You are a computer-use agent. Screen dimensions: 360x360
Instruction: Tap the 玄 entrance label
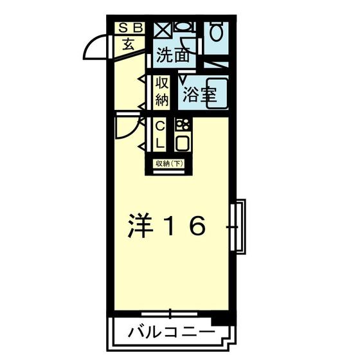(x=129, y=44)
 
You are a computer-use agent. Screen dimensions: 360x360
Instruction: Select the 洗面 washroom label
(x=173, y=55)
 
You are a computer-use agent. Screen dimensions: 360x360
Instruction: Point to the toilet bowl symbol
(x=216, y=32)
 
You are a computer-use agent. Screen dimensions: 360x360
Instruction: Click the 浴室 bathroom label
(x=200, y=94)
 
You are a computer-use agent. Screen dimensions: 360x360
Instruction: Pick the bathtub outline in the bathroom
(x=217, y=93)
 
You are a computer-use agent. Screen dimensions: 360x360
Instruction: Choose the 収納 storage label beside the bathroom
(x=162, y=91)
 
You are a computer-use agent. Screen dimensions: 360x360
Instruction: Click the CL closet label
(x=160, y=135)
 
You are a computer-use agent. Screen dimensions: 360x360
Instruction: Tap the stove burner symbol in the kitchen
(x=183, y=125)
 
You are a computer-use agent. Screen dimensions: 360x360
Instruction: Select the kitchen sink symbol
(x=183, y=143)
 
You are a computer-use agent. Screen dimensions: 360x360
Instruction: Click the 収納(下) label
(x=169, y=164)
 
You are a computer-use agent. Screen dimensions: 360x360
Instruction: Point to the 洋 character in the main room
(x=140, y=225)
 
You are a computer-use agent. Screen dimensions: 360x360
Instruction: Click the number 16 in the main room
(x=185, y=226)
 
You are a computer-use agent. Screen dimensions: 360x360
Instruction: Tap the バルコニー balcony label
(x=172, y=333)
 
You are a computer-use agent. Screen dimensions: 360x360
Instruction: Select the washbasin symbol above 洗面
(x=185, y=26)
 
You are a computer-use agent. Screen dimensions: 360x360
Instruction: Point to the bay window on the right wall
(x=239, y=226)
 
